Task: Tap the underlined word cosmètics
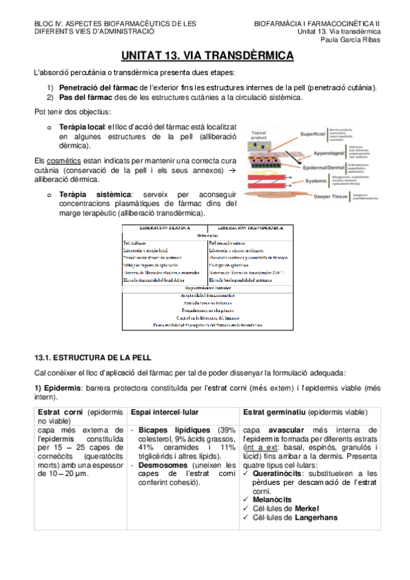[64, 160]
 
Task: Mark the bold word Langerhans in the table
[316, 517]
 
